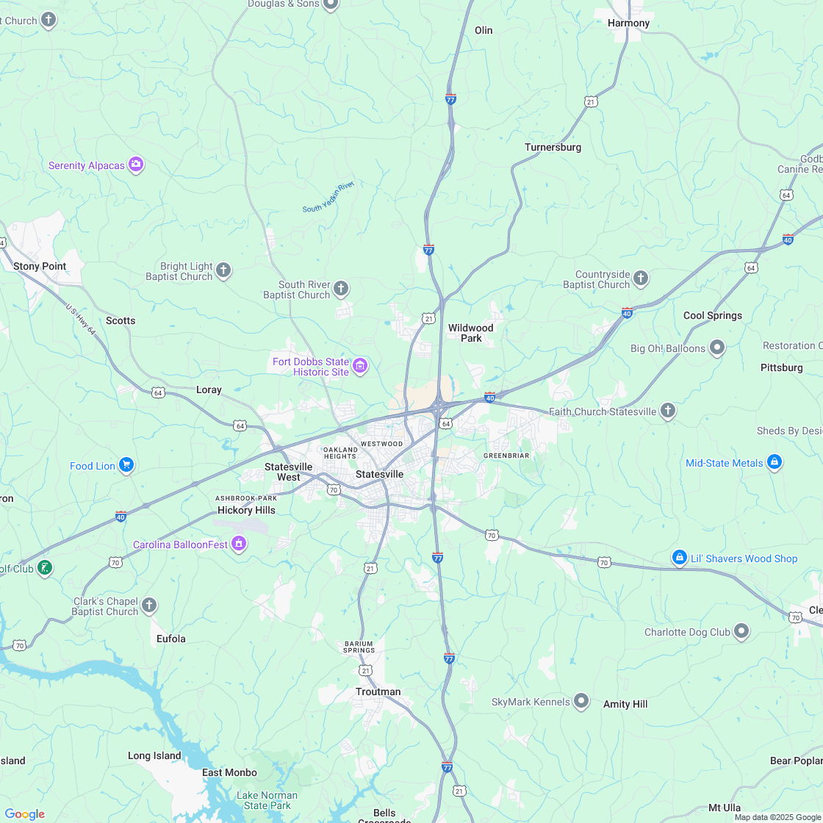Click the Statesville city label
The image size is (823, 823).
pyautogui.click(x=379, y=474)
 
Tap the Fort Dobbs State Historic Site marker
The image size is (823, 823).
pyautogui.click(x=359, y=366)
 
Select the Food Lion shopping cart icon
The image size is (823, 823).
pyautogui.click(x=126, y=465)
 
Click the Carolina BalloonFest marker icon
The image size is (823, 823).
pyautogui.click(x=238, y=544)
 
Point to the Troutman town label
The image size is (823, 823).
pyautogui.click(x=378, y=691)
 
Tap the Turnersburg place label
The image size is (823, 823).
pyautogui.click(x=553, y=147)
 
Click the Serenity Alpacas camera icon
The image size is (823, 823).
pyautogui.click(x=136, y=165)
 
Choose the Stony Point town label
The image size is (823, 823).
pyautogui.click(x=40, y=266)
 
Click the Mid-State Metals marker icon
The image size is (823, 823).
pyautogui.click(x=774, y=462)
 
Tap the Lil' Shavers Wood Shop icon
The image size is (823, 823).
pyautogui.click(x=680, y=558)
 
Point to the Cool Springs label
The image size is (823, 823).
pyautogui.click(x=712, y=315)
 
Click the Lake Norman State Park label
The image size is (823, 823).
pyautogui.click(x=267, y=800)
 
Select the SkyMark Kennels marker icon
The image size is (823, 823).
pyautogui.click(x=581, y=701)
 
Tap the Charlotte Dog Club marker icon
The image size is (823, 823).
pyautogui.click(x=741, y=631)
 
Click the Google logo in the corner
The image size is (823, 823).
pyautogui.click(x=24, y=813)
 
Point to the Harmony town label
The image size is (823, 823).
pyautogui.click(x=628, y=23)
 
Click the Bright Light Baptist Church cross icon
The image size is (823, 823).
pyautogui.click(x=223, y=271)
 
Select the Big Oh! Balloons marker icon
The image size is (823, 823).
pyautogui.click(x=717, y=348)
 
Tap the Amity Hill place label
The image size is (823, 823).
pyautogui.click(x=625, y=704)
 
